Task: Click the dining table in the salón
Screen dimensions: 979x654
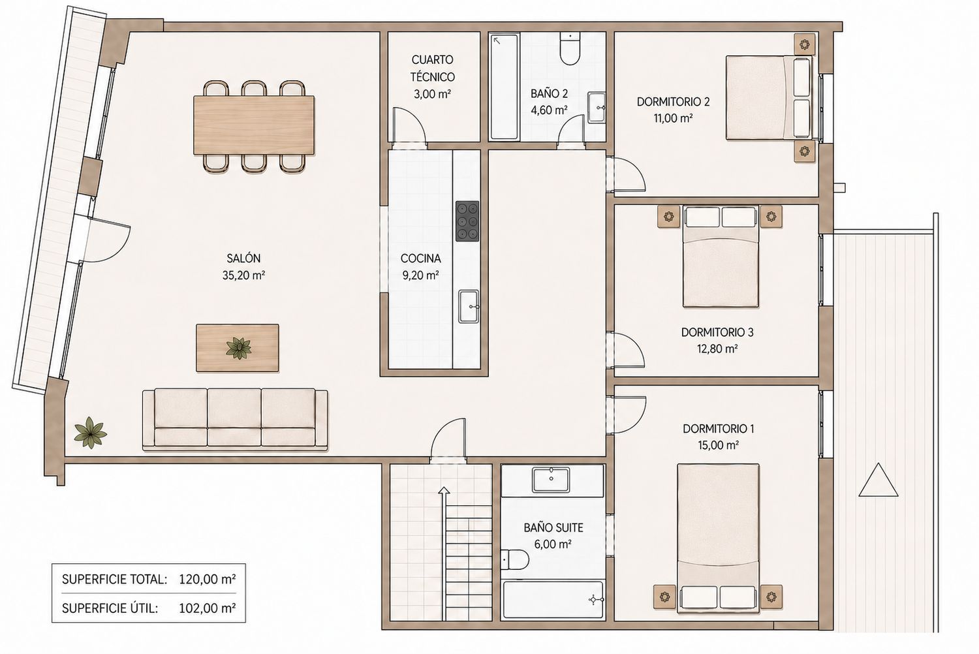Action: tap(253, 125)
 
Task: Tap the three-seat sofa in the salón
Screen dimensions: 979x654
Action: tap(235, 419)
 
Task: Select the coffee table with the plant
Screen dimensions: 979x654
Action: tap(238, 348)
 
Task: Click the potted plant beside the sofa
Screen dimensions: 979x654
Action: tap(90, 433)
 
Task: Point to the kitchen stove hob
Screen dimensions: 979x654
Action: tap(467, 221)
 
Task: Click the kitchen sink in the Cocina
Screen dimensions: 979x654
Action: tap(469, 307)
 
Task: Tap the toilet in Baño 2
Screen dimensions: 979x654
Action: tap(570, 50)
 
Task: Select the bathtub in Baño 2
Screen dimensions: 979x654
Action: tap(504, 87)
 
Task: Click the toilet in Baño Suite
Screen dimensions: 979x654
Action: tap(515, 560)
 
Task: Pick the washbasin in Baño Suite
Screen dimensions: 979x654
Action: tap(551, 480)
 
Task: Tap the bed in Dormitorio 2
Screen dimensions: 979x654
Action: tap(769, 97)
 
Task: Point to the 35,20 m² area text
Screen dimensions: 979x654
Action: tap(243, 275)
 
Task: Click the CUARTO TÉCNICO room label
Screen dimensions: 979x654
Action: tap(432, 68)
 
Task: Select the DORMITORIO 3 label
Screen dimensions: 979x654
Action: tap(717, 332)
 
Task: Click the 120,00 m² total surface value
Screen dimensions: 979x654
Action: tap(208, 580)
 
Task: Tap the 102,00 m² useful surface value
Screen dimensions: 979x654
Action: tap(208, 608)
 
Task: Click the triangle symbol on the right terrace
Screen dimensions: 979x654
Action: tap(878, 480)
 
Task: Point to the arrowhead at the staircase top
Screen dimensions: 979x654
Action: tap(444, 491)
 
